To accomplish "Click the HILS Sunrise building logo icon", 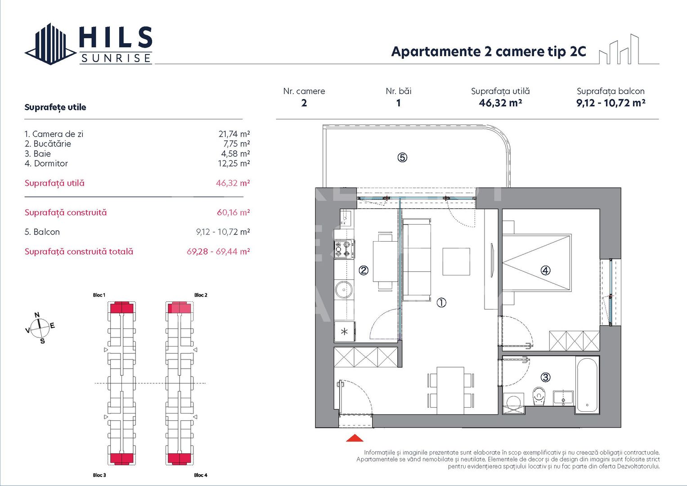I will [50, 44].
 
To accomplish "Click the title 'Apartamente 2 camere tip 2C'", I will [489, 52].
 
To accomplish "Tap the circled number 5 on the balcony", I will [402, 157].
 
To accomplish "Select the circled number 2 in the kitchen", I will [364, 270].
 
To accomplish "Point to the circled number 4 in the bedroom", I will [545, 270].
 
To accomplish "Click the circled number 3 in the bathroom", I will [545, 377].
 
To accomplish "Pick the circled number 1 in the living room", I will [441, 303].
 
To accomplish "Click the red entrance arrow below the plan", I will [355, 438].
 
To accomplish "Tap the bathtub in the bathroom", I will [587, 385].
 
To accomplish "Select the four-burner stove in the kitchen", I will [344, 250].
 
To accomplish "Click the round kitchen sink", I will [344, 290].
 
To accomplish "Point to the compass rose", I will [40, 327].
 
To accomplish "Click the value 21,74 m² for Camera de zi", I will [234, 134].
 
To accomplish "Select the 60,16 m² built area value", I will [233, 212].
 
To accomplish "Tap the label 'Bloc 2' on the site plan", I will [201, 295].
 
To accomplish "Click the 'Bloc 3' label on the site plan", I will [99, 475].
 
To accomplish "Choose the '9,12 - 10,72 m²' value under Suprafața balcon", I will [611, 103].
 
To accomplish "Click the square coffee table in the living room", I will [456, 261].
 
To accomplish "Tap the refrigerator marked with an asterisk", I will [344, 332].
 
